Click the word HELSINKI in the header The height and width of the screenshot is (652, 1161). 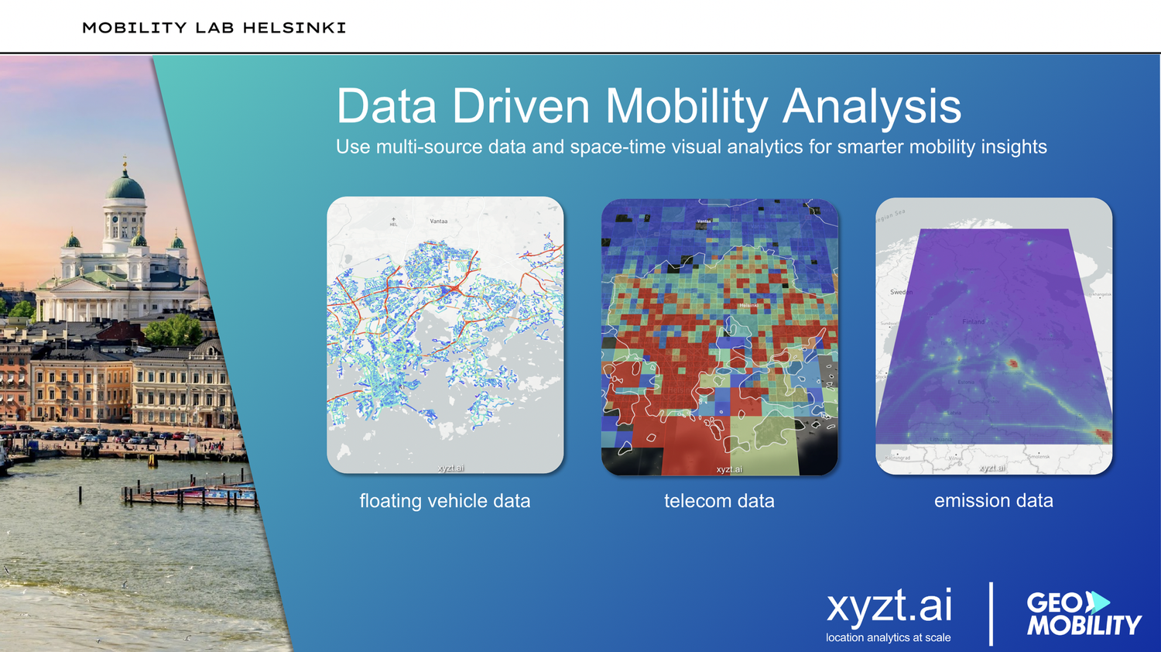tap(294, 28)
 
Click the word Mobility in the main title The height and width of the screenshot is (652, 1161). tap(686, 106)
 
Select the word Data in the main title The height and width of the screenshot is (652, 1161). tap(386, 106)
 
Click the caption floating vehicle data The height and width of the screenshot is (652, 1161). tap(444, 501)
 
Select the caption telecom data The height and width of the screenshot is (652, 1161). tap(719, 501)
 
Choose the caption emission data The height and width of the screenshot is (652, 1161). tap(993, 501)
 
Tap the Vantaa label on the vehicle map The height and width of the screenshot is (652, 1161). tap(439, 221)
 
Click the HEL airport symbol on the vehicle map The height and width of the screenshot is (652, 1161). tap(393, 221)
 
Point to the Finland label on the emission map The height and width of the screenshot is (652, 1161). tap(973, 321)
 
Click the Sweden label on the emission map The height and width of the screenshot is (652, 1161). tap(901, 292)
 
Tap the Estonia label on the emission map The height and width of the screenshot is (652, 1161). tap(966, 382)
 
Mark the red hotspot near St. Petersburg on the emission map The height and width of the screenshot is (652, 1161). tap(1012, 362)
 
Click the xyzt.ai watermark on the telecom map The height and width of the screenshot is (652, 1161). tap(728, 469)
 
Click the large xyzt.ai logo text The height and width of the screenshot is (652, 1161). tap(889, 606)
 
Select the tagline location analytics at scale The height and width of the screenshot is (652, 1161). tap(888, 637)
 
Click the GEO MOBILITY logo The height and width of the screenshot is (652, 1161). tap(1083, 614)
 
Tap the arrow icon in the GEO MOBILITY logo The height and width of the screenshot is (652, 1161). tap(1097, 602)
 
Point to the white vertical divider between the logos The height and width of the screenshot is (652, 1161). tap(991, 614)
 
